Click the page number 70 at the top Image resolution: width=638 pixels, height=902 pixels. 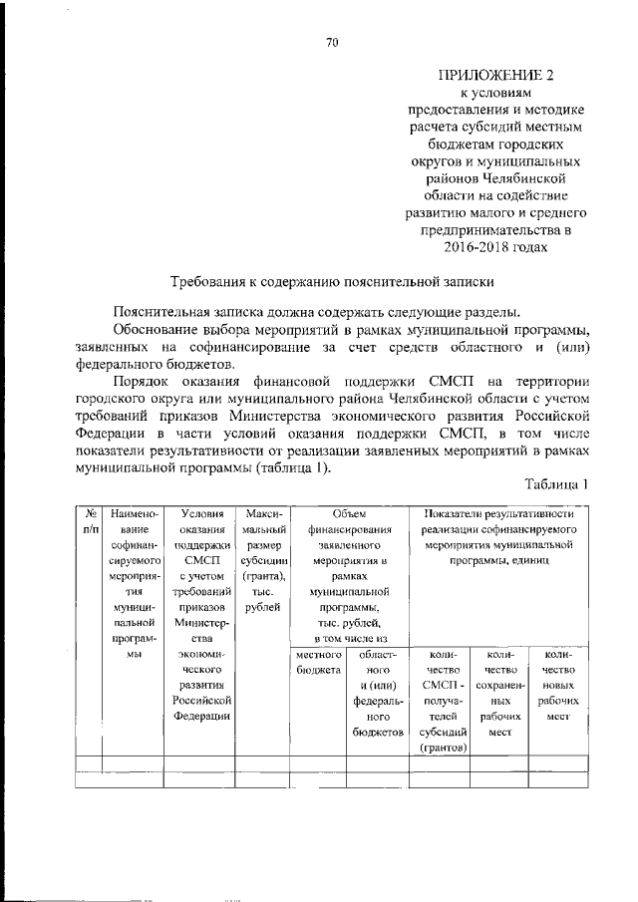(x=333, y=41)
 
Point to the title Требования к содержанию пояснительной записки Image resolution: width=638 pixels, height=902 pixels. (x=333, y=283)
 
